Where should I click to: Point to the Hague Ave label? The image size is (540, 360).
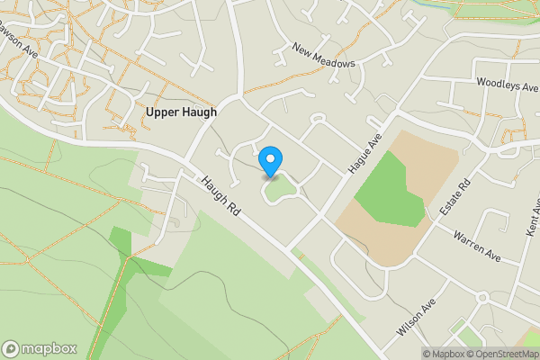coord(364,154)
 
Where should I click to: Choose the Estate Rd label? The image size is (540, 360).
coord(463,193)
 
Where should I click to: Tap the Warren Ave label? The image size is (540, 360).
coord(476,244)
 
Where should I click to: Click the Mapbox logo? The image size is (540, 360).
coord(40,348)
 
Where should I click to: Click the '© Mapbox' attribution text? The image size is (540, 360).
coord(441,354)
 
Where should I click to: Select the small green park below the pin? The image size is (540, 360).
coord(280,189)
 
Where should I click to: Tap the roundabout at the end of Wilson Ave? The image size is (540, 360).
coord(482,297)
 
